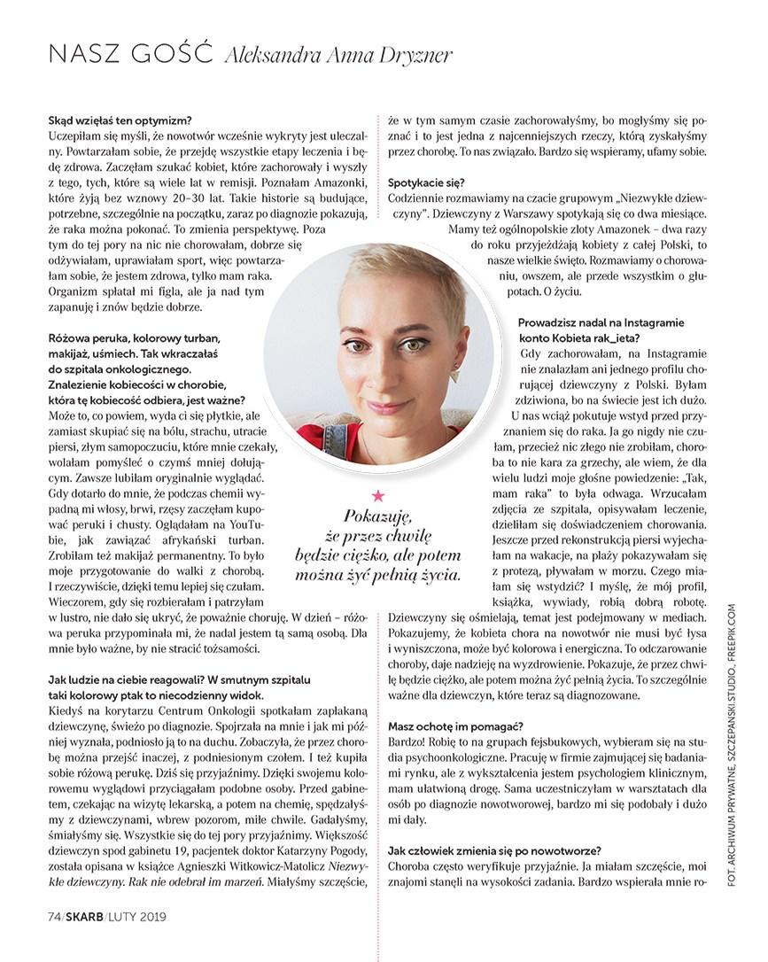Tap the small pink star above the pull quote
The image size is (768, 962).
tap(378, 493)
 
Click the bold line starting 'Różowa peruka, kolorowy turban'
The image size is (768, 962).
tap(133, 338)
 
